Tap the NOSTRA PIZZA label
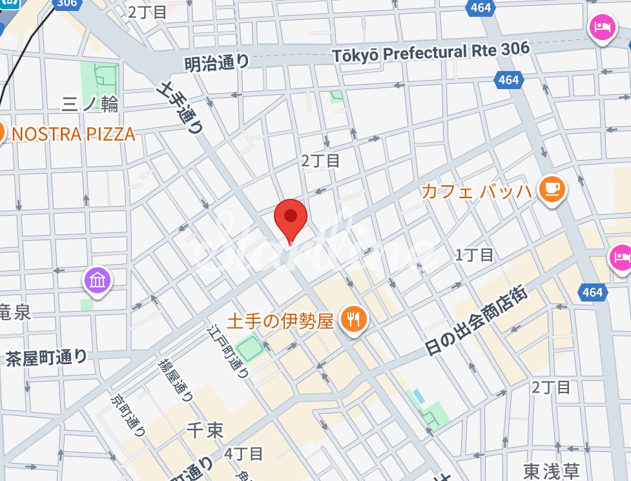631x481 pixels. click(73, 134)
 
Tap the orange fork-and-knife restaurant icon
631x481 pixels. click(352, 319)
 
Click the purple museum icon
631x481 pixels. click(98, 281)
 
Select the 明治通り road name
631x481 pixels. click(216, 63)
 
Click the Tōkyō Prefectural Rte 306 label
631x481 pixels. click(431, 52)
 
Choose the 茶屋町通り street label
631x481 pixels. click(46, 356)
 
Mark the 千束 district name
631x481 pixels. click(205, 429)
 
